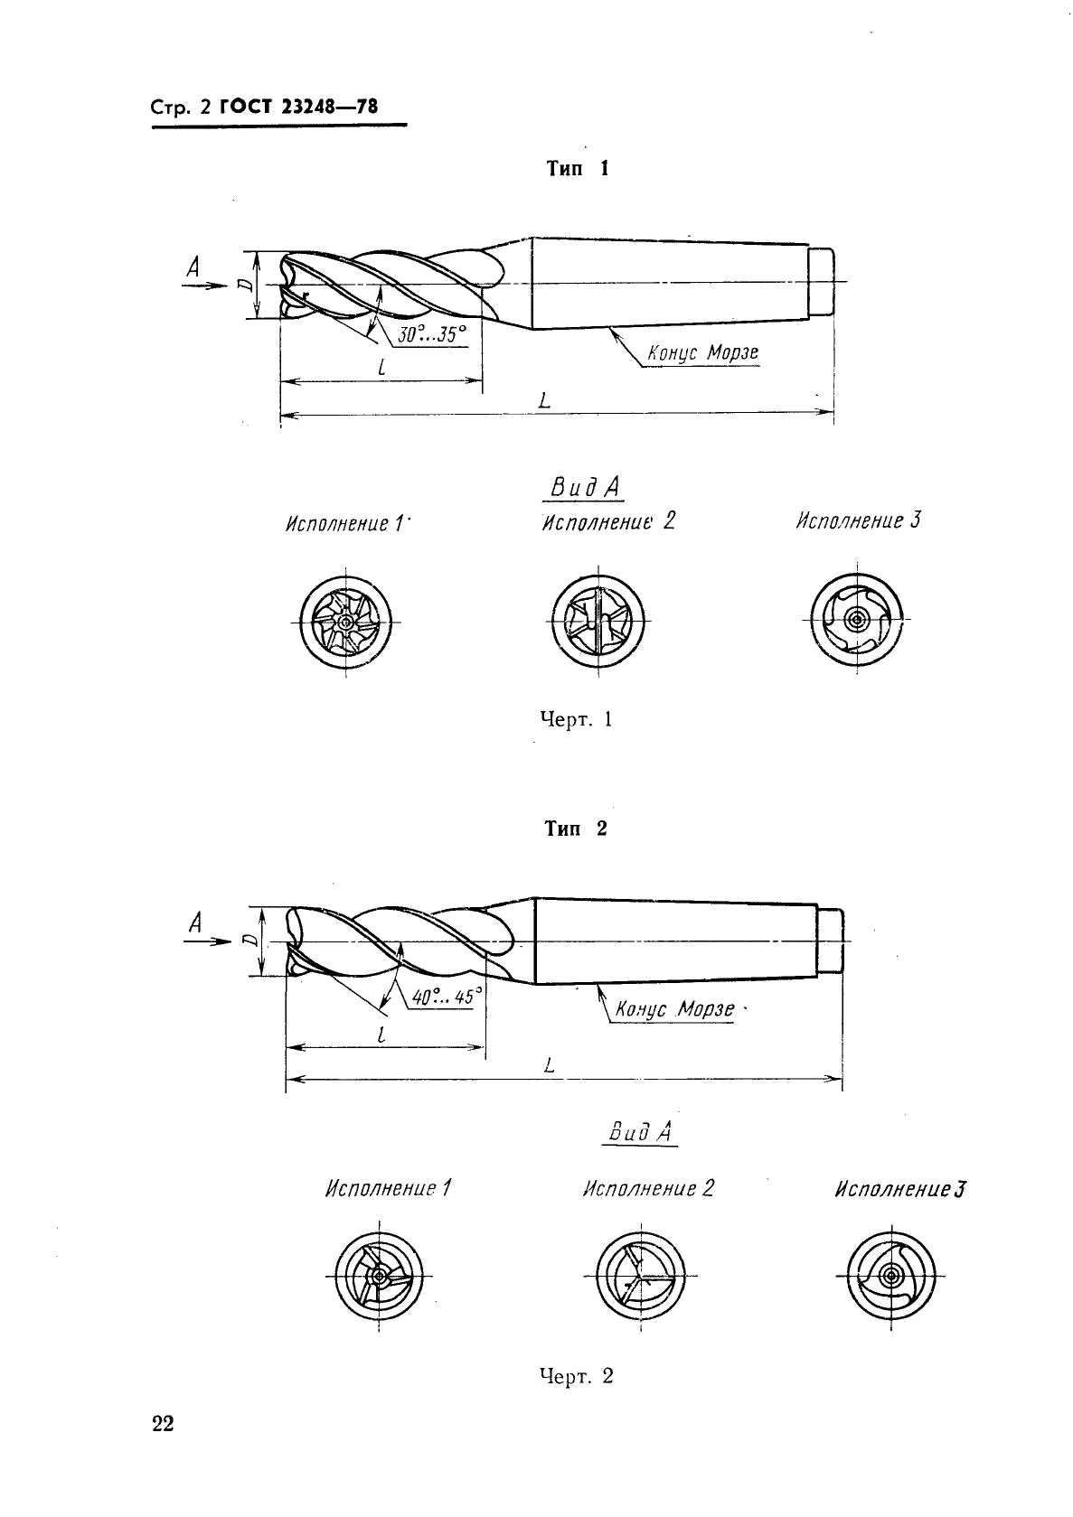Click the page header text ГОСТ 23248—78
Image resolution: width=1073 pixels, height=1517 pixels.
pos(298,107)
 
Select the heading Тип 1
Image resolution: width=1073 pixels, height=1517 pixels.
pos(578,168)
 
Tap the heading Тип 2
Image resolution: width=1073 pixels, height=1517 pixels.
pos(576,829)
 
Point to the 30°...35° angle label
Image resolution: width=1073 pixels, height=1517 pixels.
pos(431,334)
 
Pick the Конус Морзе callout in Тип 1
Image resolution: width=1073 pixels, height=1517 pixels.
pos(702,353)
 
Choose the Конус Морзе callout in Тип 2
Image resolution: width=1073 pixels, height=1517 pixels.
pos(674,1009)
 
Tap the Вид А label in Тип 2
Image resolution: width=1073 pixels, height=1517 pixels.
pos(640,1132)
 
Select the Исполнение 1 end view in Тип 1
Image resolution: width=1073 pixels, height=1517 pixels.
pos(345,623)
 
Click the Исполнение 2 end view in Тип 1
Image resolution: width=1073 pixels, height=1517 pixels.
pos(598,621)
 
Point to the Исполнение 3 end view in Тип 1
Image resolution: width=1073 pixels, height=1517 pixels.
pos(857,619)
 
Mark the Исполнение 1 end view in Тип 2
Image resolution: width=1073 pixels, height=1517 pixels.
pos(379,1276)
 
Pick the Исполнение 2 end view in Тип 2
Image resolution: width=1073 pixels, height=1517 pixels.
pos(641,1276)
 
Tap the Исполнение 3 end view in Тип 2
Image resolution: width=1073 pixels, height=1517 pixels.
pos(891,1276)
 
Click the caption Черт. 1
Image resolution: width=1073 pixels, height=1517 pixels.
pos(577,719)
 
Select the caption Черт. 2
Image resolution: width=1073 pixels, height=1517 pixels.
pos(577,1375)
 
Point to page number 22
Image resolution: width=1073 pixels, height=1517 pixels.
pos(163,1424)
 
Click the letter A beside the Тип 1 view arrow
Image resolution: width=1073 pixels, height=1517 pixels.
pos(193,268)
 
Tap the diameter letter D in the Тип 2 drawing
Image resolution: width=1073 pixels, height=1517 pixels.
pos(250,941)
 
